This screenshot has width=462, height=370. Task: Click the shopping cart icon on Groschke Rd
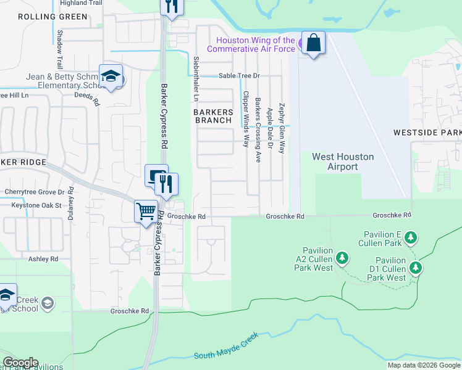(146, 212)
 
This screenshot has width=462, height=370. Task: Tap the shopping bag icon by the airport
(313, 43)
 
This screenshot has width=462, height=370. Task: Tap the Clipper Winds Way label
(245, 119)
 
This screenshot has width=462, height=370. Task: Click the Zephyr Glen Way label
(282, 128)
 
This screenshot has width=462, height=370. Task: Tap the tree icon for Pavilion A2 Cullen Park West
(340, 256)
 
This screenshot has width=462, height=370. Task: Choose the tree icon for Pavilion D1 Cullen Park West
(416, 268)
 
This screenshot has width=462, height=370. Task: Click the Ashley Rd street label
(43, 260)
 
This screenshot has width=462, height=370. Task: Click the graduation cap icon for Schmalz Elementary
(111, 76)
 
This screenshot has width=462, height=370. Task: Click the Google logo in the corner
(20, 363)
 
